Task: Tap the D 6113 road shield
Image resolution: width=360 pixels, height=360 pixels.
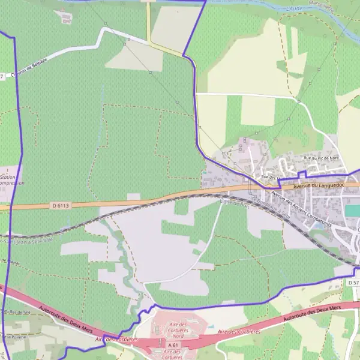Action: click(61, 206)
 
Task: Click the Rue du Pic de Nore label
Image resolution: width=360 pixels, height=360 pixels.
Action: click(321, 158)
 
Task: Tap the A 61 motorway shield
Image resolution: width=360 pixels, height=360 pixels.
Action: click(174, 346)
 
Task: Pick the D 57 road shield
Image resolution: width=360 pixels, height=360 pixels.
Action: click(353, 282)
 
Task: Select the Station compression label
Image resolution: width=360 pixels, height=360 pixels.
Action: click(9, 181)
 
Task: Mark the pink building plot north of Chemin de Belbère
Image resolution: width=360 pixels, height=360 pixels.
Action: click(65, 17)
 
